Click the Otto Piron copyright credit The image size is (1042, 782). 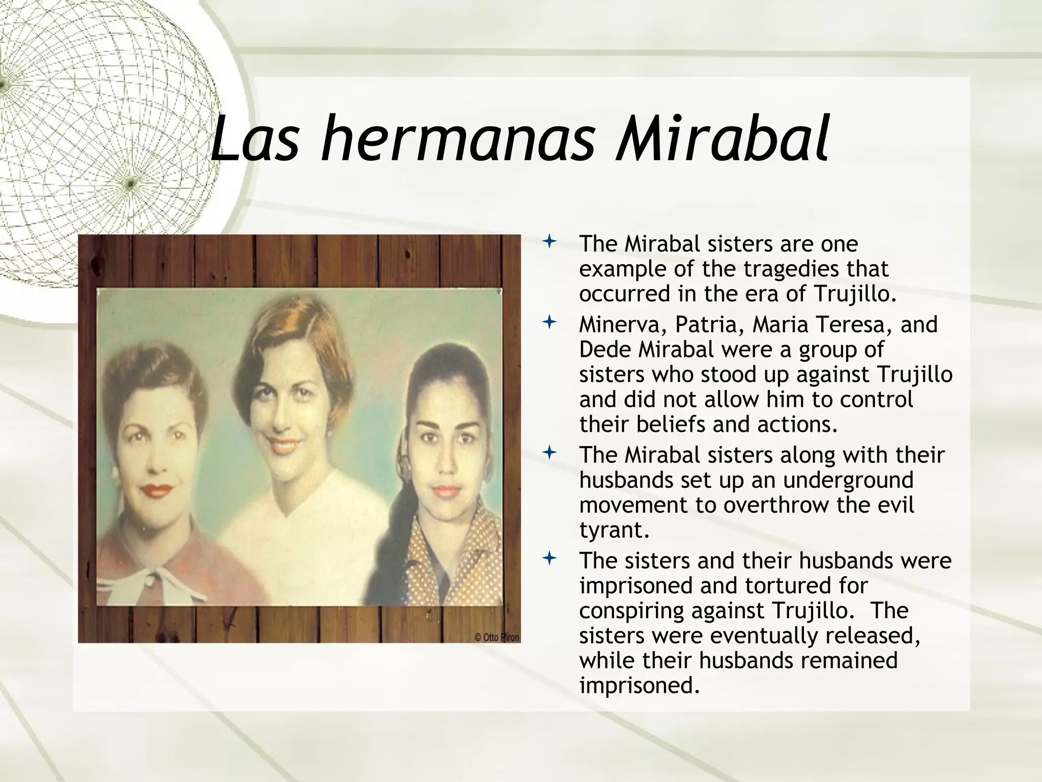point(497,637)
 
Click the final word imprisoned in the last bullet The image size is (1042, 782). point(636,686)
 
